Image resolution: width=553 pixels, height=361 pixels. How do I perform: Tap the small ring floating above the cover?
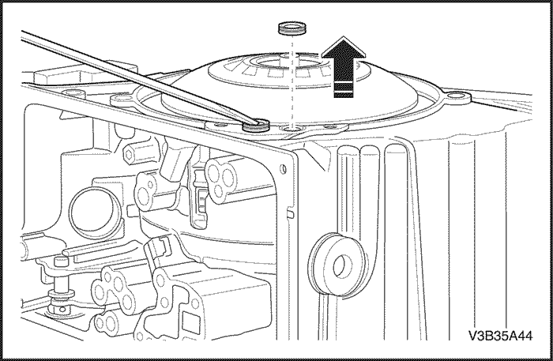[292, 30]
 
